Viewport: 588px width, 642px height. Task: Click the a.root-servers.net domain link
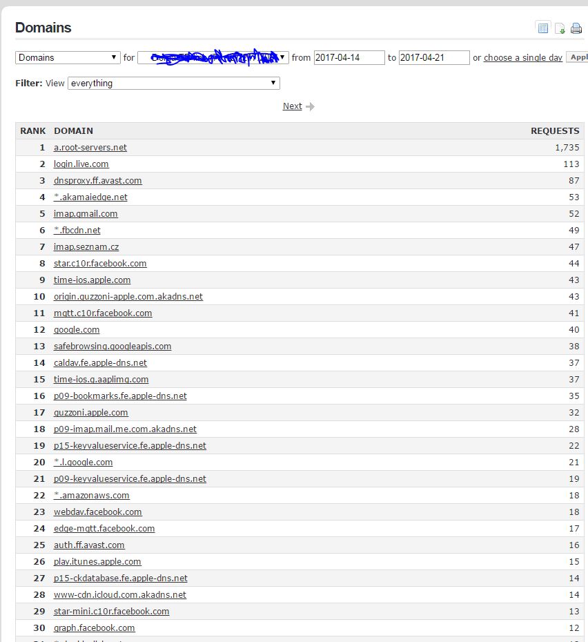(90, 148)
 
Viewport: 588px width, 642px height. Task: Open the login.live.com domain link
(81, 164)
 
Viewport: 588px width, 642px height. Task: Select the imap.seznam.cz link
(86, 247)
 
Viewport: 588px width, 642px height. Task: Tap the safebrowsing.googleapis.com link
(112, 347)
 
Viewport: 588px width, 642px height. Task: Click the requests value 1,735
(567, 148)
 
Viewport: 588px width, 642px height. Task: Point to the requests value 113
(571, 164)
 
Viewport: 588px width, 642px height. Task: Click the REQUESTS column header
(554, 131)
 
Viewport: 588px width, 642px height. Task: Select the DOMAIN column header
(73, 131)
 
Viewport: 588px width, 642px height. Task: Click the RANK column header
(32, 131)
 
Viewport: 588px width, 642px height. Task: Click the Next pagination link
(293, 106)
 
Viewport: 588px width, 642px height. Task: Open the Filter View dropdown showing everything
(174, 84)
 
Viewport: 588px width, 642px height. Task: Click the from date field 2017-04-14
(349, 58)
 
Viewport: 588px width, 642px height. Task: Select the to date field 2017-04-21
(434, 58)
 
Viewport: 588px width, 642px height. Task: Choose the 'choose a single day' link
(523, 58)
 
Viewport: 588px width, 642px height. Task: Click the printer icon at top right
(576, 28)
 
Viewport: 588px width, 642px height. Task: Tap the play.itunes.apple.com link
(97, 562)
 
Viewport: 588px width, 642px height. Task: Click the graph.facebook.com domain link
(95, 628)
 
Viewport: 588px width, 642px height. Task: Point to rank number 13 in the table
(39, 347)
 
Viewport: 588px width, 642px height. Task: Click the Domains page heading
(43, 28)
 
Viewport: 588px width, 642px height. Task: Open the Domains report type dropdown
(68, 58)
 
